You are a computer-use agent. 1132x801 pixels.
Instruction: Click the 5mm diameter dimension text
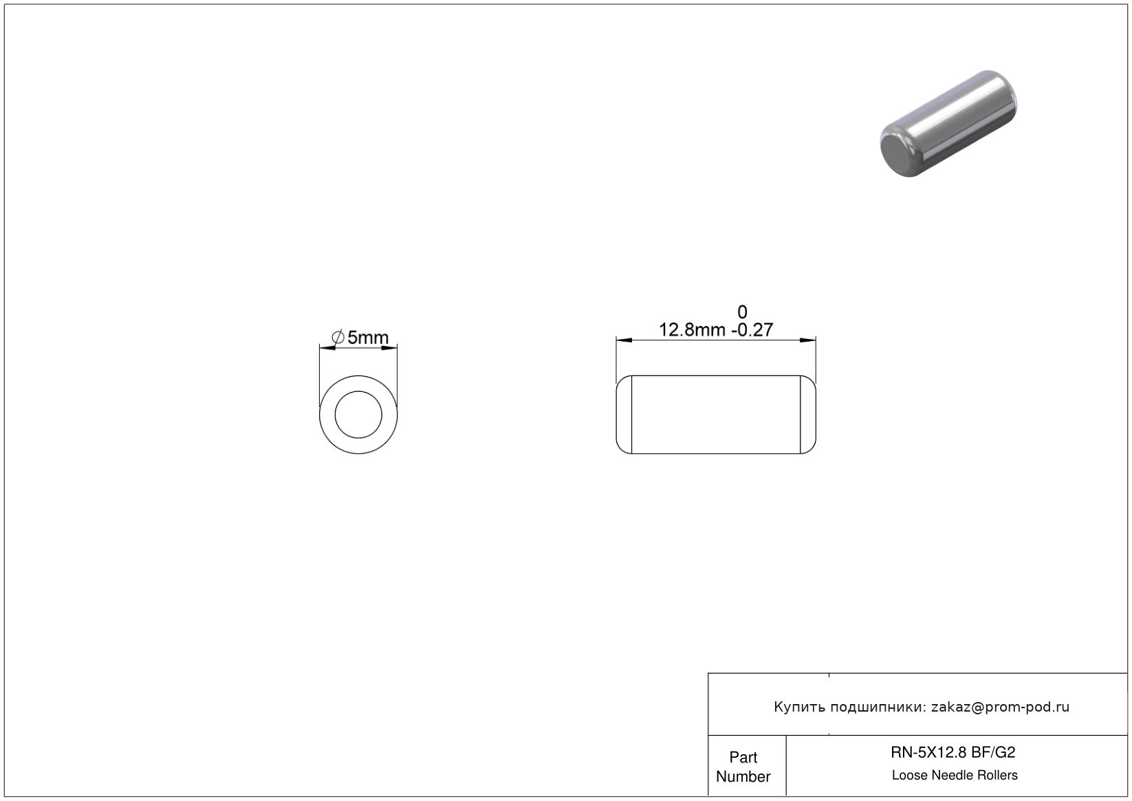368,337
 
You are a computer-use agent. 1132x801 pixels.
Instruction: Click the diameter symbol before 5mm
338,337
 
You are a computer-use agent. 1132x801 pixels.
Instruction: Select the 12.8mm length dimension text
693,330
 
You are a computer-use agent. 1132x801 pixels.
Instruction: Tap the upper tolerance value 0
742,312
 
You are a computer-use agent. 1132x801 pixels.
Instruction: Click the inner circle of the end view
358,391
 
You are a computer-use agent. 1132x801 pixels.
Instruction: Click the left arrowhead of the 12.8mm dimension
624,340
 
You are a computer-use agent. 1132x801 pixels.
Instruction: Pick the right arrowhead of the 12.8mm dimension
807,340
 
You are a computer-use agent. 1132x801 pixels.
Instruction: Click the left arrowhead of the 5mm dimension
327,348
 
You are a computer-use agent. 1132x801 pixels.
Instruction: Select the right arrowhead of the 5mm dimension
389,348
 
